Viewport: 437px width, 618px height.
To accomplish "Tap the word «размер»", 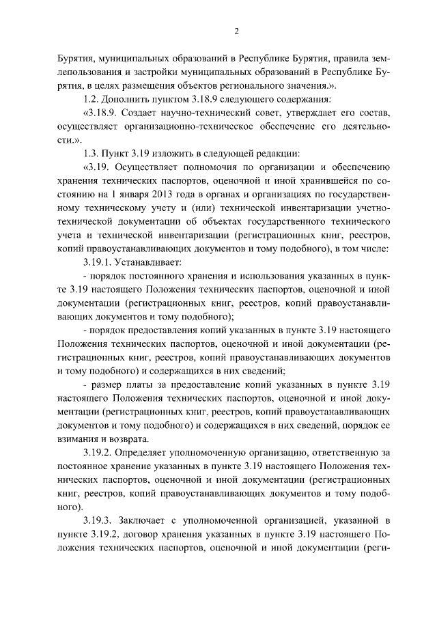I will coord(107,384).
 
